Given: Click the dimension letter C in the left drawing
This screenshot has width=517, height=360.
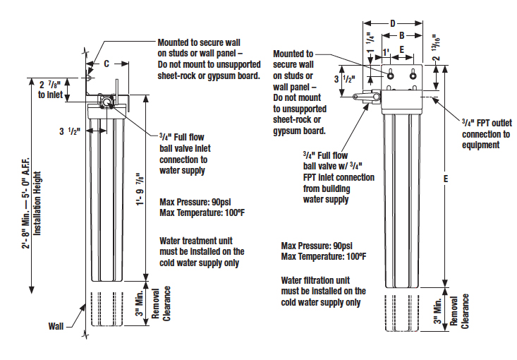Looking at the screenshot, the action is click(x=107, y=64).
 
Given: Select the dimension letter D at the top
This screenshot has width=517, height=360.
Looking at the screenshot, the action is click(x=393, y=23).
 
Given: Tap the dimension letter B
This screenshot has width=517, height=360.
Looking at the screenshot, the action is click(x=401, y=35).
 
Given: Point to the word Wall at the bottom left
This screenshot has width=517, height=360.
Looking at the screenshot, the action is click(x=56, y=326).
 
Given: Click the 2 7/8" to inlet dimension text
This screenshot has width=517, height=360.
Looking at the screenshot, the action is click(x=51, y=90).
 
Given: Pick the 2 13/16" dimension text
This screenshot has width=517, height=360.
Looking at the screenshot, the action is click(x=436, y=47).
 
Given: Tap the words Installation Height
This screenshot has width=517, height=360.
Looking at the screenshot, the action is click(x=37, y=203).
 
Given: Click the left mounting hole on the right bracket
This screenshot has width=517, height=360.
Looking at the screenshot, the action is click(x=390, y=76).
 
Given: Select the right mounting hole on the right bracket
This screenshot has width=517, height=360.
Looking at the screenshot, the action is click(x=413, y=76).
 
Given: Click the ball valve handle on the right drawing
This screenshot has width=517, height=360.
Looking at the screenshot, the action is click(x=366, y=96).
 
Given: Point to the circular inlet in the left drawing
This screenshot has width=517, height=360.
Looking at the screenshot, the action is click(x=107, y=102).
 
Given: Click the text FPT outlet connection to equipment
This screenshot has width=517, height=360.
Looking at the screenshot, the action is click(x=487, y=134).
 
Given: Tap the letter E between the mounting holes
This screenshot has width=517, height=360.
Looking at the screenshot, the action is click(x=401, y=49).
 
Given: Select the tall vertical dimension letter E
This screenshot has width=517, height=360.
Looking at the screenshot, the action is click(x=446, y=179).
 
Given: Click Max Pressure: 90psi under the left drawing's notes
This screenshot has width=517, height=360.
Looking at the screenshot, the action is click(x=195, y=202).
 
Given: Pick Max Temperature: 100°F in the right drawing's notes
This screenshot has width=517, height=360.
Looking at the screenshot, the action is click(x=324, y=256).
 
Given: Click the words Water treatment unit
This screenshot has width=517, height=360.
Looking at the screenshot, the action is click(x=196, y=241).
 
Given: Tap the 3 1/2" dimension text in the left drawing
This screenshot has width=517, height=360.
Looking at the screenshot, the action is click(x=70, y=131).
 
